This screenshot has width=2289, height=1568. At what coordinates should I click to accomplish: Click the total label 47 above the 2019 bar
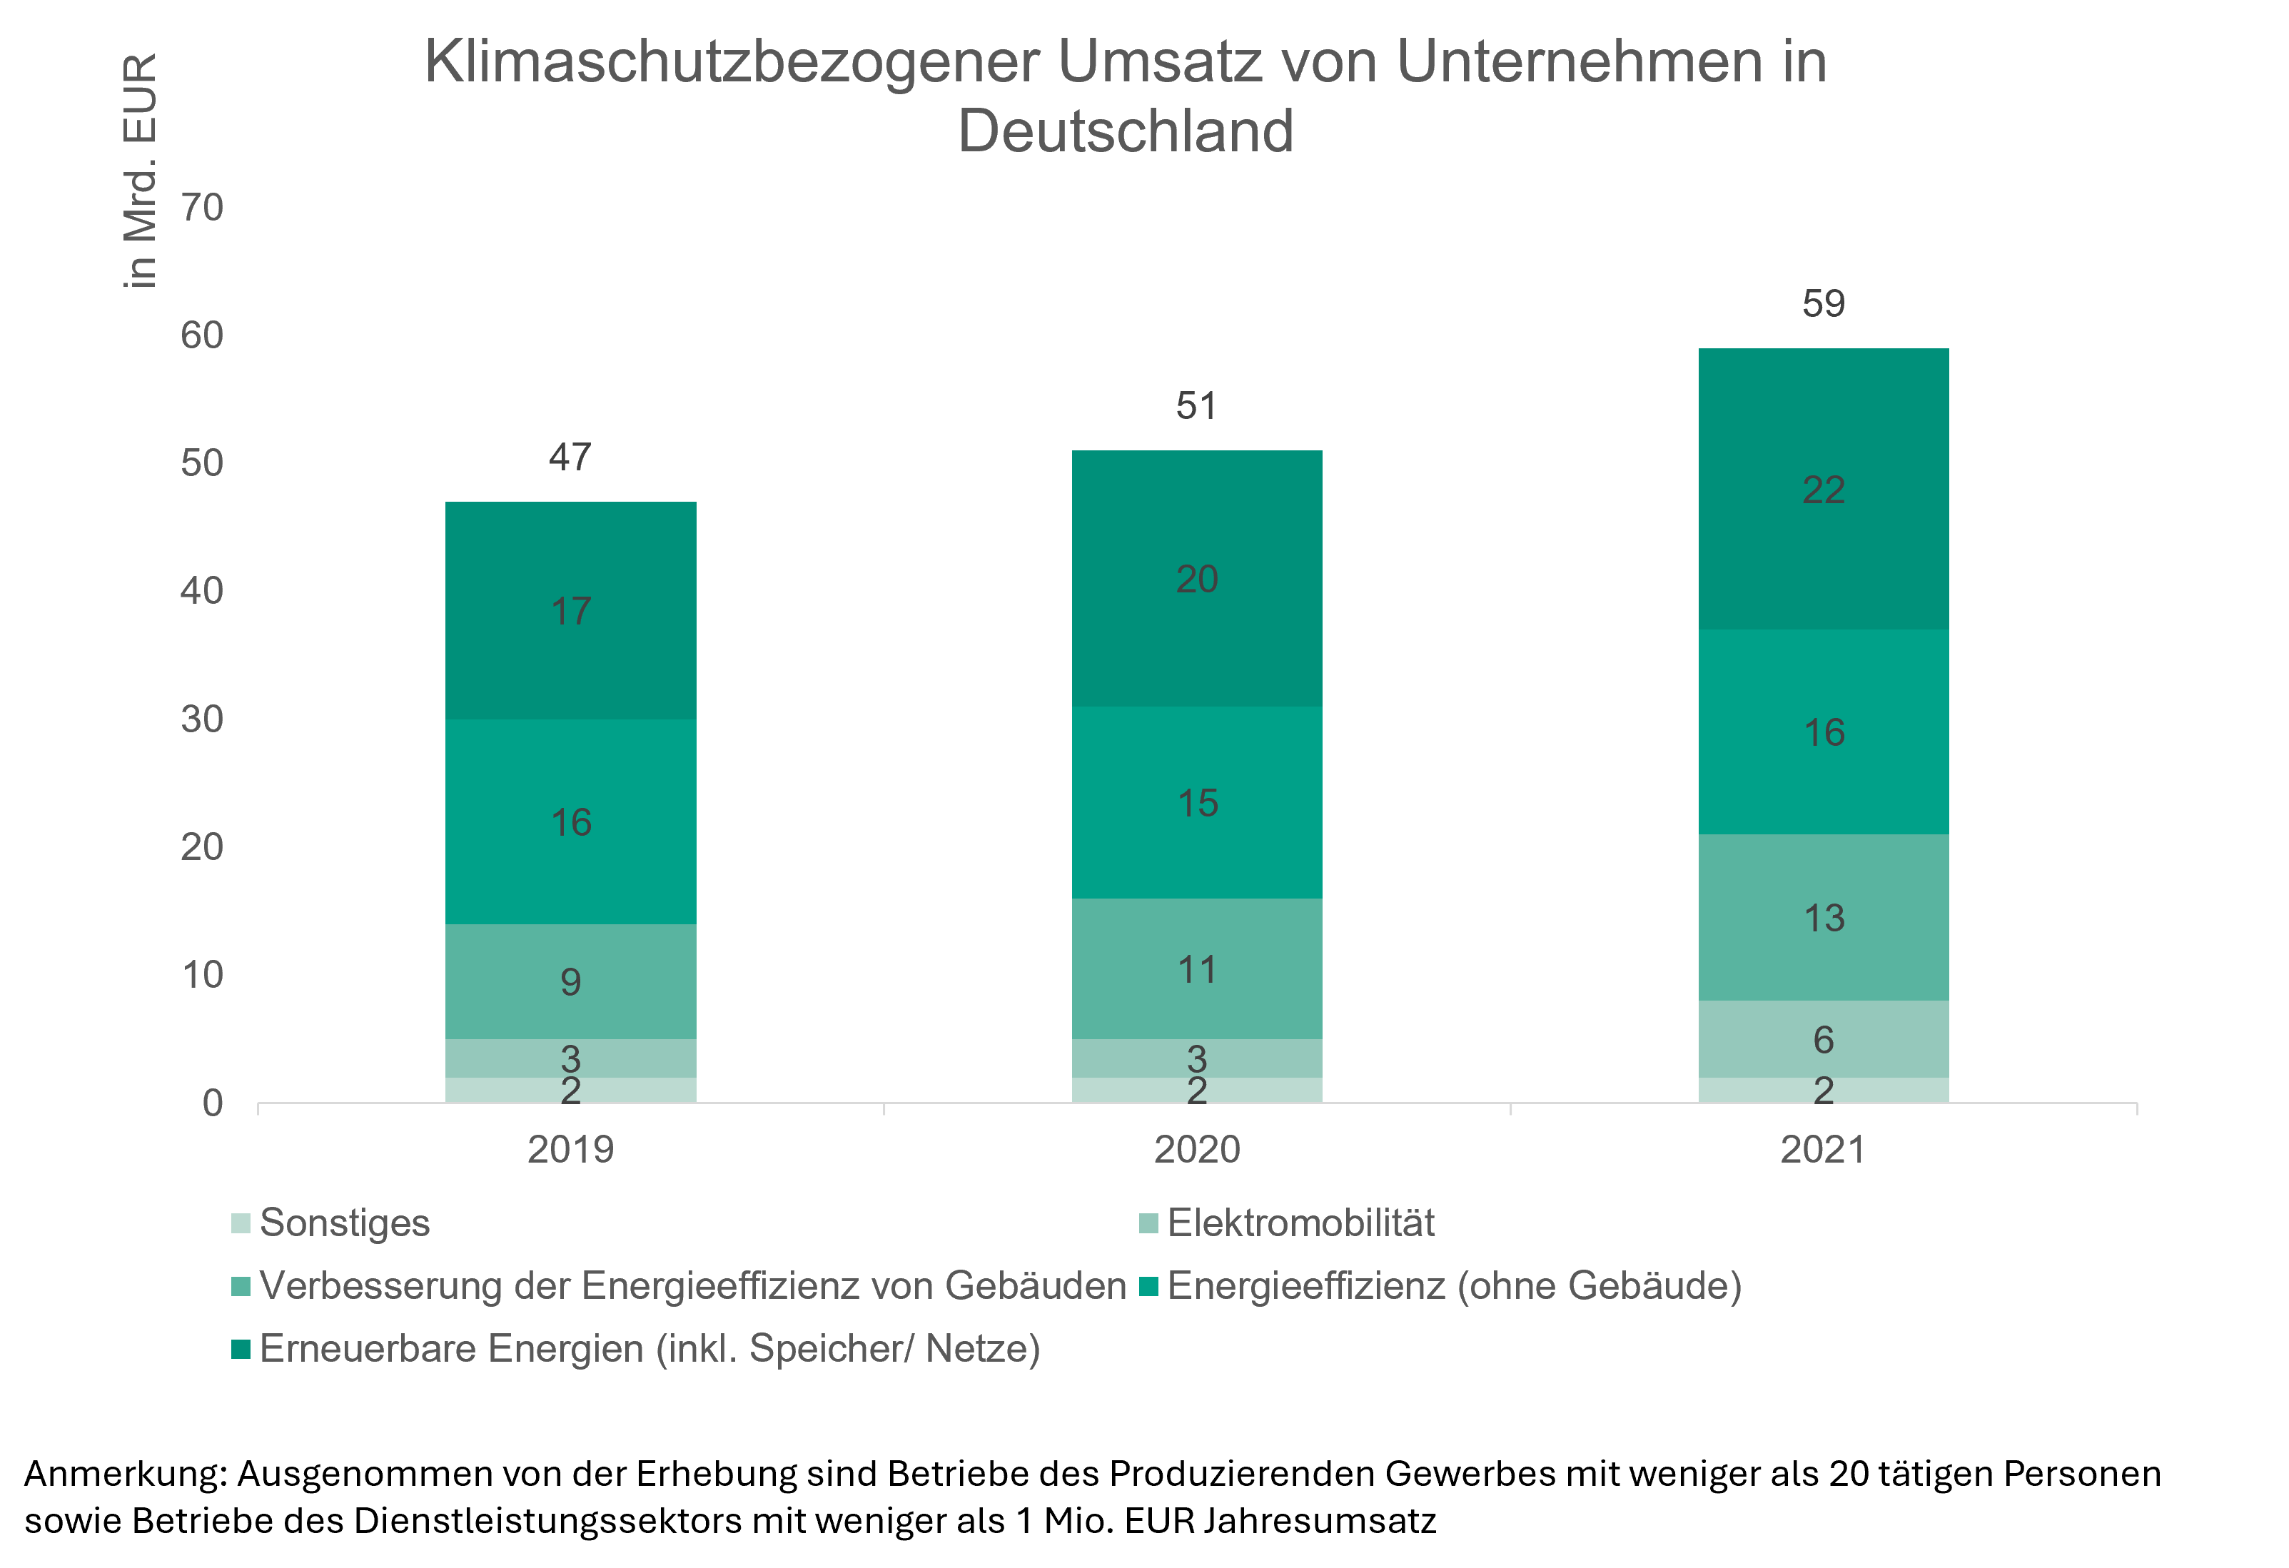[570, 457]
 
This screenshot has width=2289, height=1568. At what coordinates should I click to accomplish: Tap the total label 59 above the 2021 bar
[1823, 303]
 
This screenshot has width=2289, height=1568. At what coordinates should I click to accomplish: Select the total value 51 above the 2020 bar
[1197, 406]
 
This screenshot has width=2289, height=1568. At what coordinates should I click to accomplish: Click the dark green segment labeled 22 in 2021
[1823, 490]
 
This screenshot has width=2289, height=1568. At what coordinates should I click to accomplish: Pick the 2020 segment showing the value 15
[1197, 803]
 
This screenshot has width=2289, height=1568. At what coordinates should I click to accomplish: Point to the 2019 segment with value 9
[570, 982]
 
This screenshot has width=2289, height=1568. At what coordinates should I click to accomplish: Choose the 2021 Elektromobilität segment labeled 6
[1823, 1039]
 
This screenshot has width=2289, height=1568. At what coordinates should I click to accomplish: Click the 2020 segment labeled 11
[1197, 970]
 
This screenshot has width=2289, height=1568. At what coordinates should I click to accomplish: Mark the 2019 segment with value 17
[570, 612]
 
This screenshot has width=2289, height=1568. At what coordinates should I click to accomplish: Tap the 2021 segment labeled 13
[1823, 918]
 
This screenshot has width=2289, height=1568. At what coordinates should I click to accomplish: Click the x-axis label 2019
[570, 1149]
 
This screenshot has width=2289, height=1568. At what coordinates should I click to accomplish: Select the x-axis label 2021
[1823, 1149]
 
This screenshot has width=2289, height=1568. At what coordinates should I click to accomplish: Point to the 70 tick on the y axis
[202, 208]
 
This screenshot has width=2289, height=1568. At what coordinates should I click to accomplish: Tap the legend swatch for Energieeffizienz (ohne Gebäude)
[1148, 1286]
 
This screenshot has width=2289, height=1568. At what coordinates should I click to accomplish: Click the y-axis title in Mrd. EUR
[140, 171]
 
